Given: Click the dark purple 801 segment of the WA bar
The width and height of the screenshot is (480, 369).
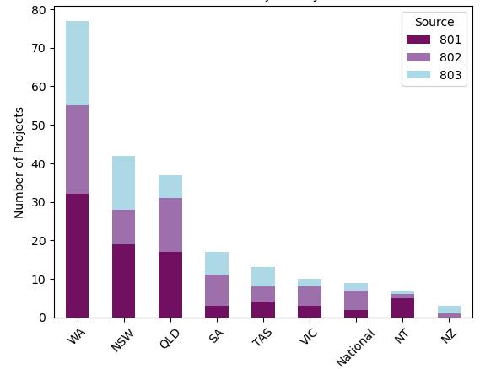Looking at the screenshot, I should tap(77, 255).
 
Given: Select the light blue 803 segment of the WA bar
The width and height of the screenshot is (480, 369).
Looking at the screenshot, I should tap(77, 63).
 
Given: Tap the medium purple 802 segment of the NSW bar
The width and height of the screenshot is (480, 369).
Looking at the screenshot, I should tap(123, 227).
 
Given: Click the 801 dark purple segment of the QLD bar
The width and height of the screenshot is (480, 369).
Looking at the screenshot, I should tap(170, 285).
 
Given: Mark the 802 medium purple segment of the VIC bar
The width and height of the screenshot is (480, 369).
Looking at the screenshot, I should tap(309, 296).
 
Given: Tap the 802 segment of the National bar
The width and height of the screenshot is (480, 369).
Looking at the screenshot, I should tap(355, 300).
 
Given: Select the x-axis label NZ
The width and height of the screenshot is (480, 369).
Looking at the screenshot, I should tap(448, 335).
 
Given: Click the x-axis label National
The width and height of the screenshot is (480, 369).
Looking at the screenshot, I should tap(354, 348).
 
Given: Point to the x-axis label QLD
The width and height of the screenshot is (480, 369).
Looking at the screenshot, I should tap(169, 338).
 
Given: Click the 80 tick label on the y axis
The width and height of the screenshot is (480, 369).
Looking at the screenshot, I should tap(39, 10).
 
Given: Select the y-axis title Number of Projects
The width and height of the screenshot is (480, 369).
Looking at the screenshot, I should tap(19, 163).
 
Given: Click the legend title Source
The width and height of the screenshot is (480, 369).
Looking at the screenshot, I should tap(434, 22).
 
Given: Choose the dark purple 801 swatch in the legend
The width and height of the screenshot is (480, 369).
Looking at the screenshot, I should tap(418, 40).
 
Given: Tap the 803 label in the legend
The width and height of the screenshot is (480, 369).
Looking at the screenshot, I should tap(450, 75).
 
